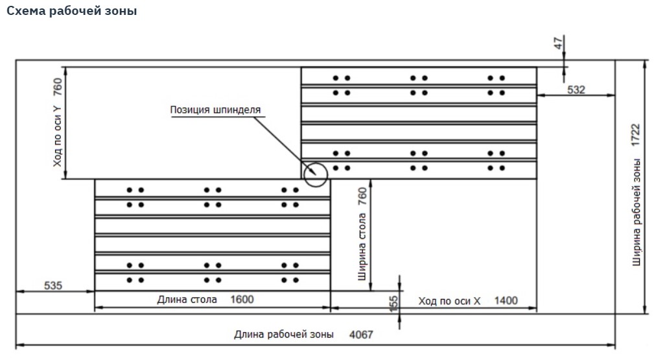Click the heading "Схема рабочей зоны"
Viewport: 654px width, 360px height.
(71, 12)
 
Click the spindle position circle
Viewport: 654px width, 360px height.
(315, 173)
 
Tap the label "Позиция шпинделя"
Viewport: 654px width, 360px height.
(215, 110)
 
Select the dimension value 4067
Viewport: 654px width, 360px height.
(361, 335)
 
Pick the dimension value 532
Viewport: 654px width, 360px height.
(576, 90)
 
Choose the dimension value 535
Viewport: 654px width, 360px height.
(53, 285)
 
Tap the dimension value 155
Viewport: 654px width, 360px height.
(393, 304)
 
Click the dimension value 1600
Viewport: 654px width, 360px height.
(242, 299)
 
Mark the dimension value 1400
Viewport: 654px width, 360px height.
(506, 300)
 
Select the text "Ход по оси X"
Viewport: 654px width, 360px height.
(449, 300)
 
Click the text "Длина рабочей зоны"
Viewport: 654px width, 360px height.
(284, 335)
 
